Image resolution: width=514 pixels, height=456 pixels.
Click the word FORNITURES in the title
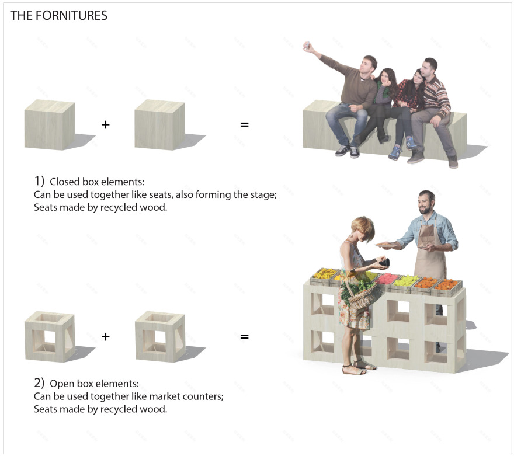71,15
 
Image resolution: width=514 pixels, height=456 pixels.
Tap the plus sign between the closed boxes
105,124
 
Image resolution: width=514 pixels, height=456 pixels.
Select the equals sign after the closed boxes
245,124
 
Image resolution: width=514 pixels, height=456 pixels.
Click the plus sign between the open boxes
105,336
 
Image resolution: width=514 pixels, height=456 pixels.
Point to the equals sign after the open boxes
245,336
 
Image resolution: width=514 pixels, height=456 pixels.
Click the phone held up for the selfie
307,46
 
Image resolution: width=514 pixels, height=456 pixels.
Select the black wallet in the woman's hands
384,262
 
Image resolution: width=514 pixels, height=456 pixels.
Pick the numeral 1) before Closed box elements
39,181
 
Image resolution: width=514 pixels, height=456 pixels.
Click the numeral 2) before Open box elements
39,382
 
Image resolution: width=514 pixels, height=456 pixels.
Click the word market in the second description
165,396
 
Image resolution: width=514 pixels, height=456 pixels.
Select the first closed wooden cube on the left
50,124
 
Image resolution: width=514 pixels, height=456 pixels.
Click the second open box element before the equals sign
160,336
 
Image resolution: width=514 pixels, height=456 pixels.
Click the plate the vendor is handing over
386,245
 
